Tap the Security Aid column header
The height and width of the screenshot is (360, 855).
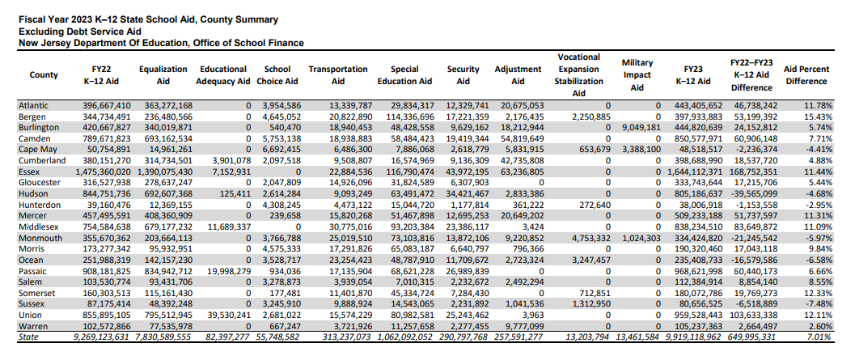pos(463,75)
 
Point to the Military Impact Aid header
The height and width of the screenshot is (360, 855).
pos(637,75)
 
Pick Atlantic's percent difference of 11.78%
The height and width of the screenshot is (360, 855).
pos(817,105)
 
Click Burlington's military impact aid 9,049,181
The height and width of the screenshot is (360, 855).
pos(638,128)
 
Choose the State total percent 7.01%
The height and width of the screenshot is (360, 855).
pos(819,337)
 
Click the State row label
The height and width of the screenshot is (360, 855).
pos(28,337)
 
